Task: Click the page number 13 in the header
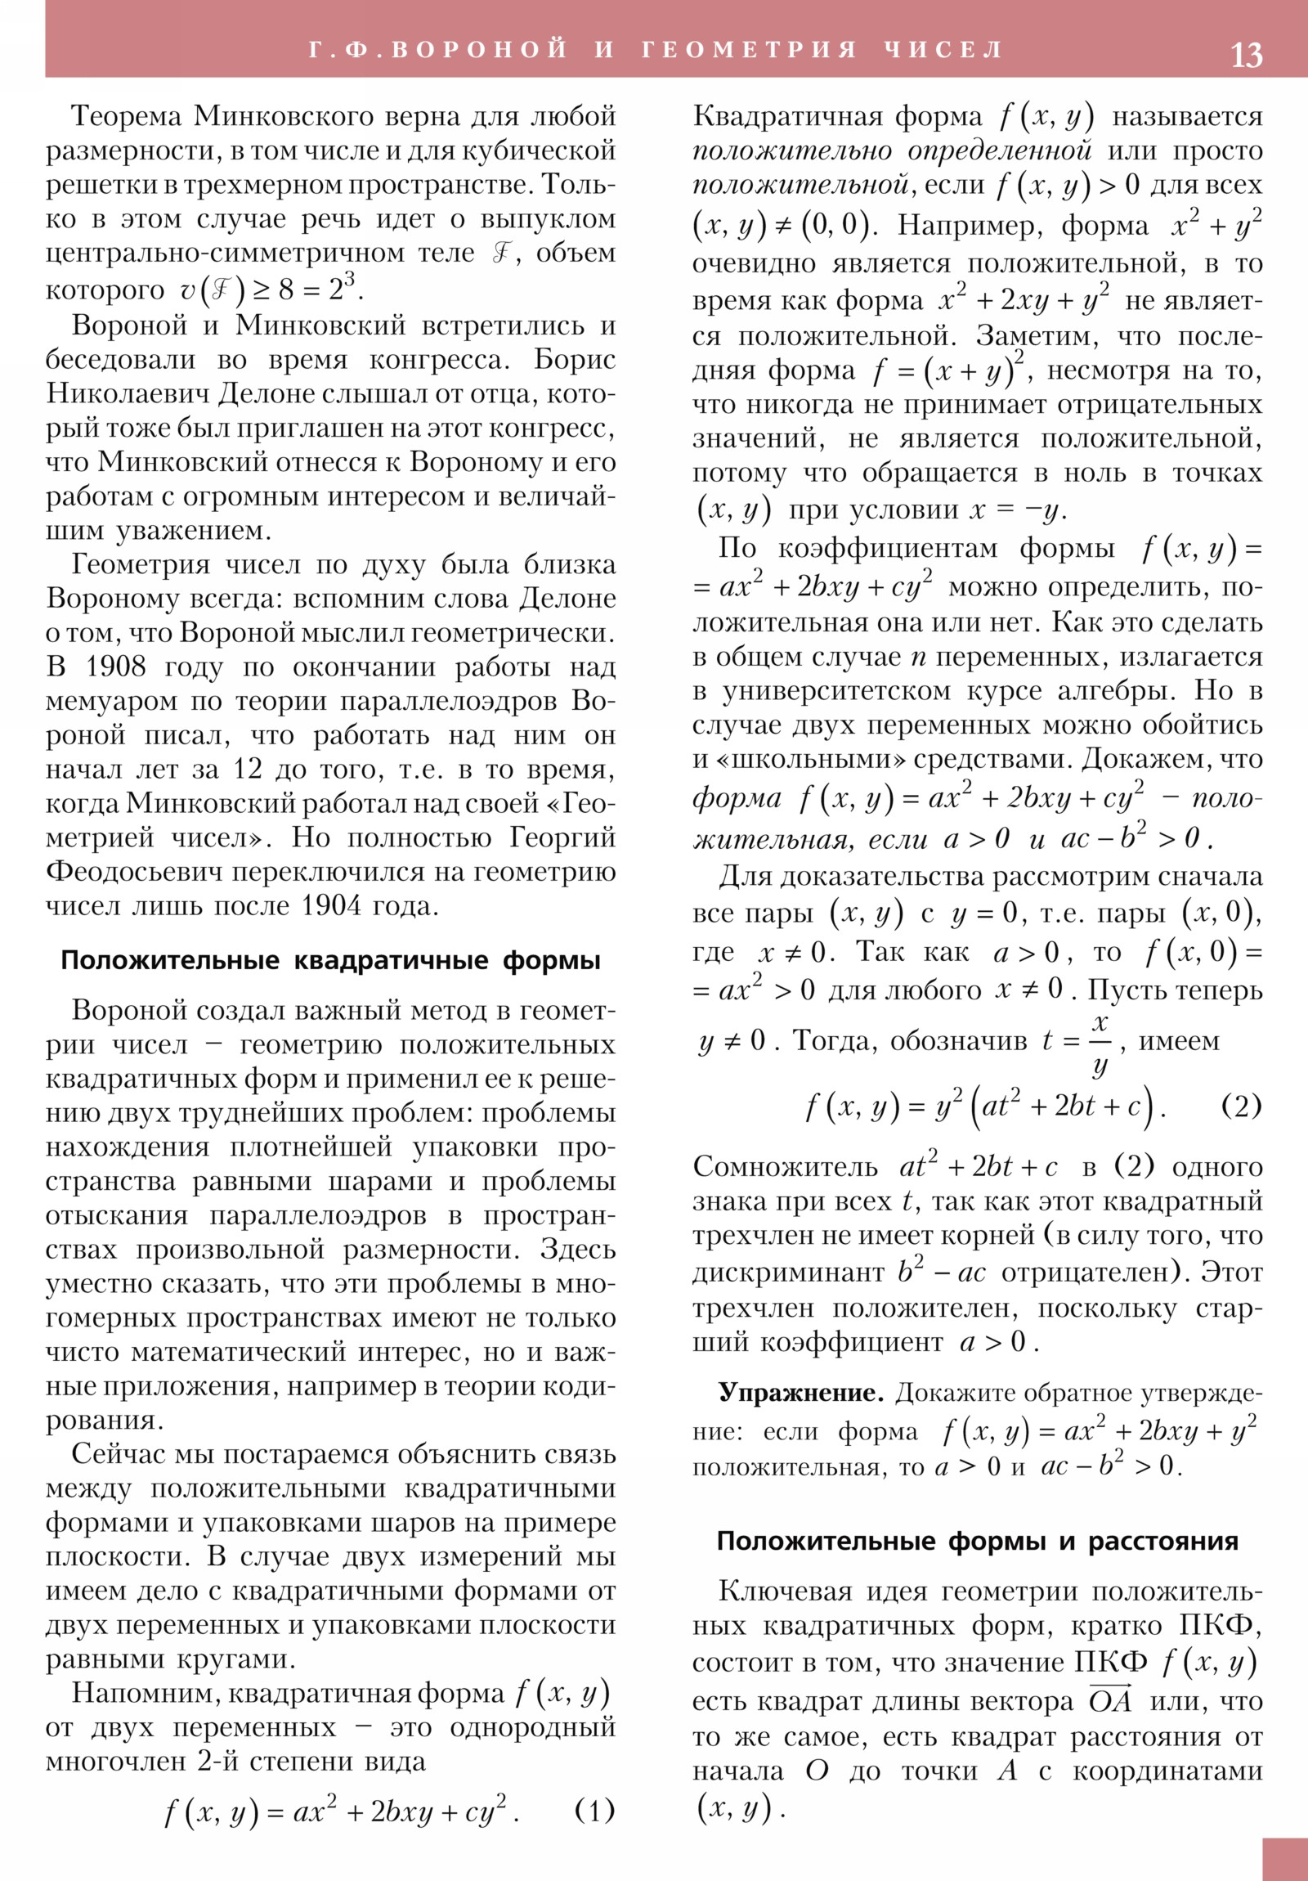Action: (1246, 55)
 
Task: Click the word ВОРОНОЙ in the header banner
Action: (479, 49)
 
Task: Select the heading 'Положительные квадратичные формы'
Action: (331, 960)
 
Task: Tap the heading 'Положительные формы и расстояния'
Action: (977, 1541)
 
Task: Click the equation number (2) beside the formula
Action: (1241, 1106)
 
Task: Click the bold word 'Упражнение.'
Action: (800, 1393)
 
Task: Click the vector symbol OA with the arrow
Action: (1110, 1701)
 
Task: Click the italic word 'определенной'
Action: (999, 150)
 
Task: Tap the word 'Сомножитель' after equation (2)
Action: (784, 1166)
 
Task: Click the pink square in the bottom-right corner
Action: (1284, 1859)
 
